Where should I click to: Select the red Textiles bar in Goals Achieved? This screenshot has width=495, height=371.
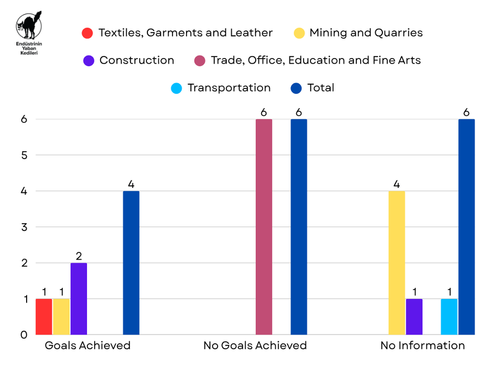[x=44, y=317]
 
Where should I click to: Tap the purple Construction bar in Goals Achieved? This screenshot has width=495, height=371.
[x=79, y=299]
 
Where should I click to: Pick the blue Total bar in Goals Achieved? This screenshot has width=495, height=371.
[x=131, y=263]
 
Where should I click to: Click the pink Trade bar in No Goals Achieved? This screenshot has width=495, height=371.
[x=264, y=227]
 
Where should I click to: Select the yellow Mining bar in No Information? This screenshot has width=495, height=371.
[x=397, y=263]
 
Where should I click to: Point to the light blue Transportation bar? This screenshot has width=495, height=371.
[x=449, y=317]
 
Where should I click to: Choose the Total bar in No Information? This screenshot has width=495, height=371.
[x=466, y=227]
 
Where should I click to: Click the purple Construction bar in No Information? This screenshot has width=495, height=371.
[x=414, y=317]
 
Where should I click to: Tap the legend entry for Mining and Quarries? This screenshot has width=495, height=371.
[x=366, y=33]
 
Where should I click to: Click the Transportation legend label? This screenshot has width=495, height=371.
[x=228, y=88]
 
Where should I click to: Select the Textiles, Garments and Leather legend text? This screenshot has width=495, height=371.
[x=185, y=33]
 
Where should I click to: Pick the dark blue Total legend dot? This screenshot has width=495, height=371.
[x=296, y=88]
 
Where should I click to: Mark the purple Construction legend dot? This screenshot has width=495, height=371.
[x=89, y=60]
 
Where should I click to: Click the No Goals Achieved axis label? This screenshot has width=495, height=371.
[x=255, y=345]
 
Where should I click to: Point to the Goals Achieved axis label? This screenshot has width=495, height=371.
[x=88, y=345]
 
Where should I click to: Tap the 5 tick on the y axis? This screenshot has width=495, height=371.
[x=24, y=155]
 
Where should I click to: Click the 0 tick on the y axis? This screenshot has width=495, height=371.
[x=24, y=335]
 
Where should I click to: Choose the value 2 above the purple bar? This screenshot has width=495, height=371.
[x=79, y=256]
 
